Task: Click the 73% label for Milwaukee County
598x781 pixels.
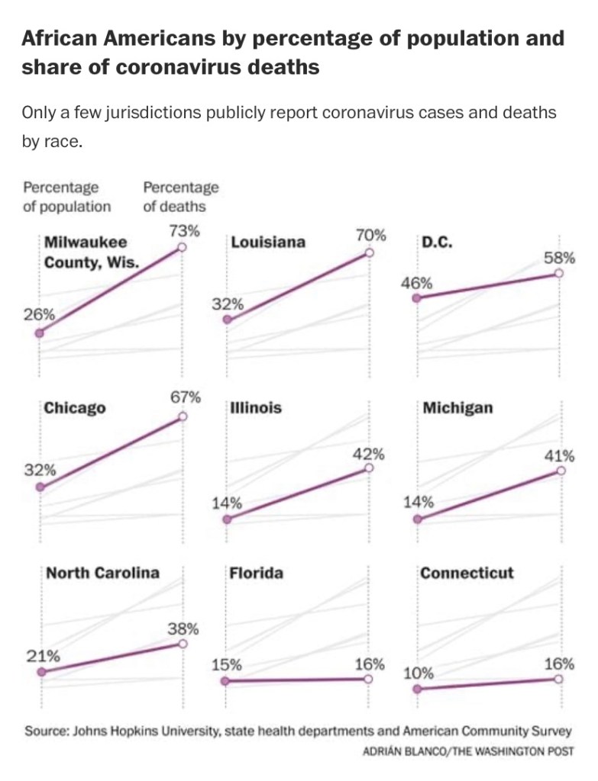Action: click(184, 230)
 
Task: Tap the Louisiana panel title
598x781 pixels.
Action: click(267, 242)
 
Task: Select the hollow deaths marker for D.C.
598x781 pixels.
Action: click(558, 273)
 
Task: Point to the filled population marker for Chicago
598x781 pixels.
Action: click(40, 487)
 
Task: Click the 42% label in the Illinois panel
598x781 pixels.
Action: click(369, 454)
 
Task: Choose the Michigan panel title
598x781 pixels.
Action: click(457, 407)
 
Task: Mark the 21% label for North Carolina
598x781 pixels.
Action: click(44, 655)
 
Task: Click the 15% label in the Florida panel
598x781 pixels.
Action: click(227, 664)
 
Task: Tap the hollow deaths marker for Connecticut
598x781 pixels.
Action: click(558, 679)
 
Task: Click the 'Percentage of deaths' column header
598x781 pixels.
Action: click(180, 196)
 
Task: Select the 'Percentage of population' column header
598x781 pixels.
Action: click(66, 196)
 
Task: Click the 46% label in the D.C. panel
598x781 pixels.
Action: click(416, 283)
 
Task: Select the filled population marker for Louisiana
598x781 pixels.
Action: click(227, 320)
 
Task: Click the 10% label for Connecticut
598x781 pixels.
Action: click(419, 673)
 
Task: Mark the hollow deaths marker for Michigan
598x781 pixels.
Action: click(561, 471)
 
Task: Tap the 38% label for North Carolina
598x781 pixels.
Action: click(183, 629)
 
